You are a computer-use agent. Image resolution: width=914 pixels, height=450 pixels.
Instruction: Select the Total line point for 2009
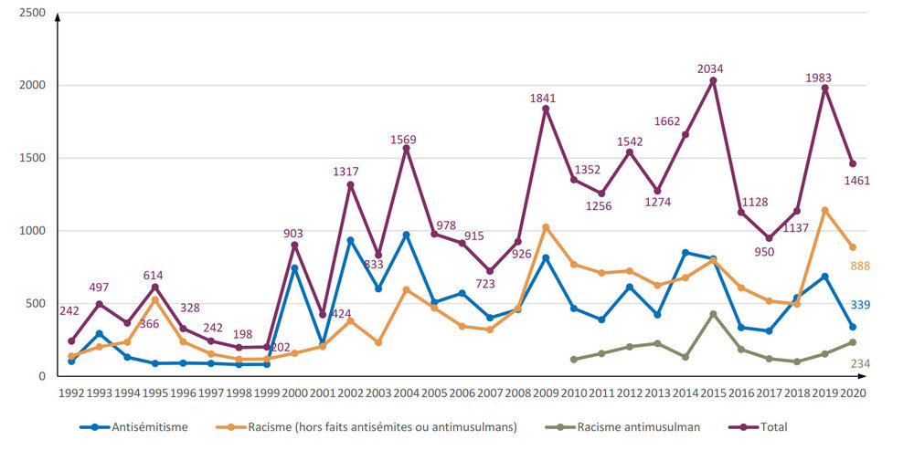click(x=546, y=109)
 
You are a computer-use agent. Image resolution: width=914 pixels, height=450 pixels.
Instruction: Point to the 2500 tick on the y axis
click(x=32, y=13)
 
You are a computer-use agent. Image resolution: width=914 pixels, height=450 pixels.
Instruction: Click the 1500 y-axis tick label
click(x=32, y=158)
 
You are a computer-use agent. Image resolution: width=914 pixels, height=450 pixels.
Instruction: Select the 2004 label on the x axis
click(x=406, y=393)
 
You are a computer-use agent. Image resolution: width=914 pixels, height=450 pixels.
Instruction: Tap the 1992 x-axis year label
click(x=71, y=393)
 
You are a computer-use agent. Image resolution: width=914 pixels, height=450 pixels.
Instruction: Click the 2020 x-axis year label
click(x=852, y=393)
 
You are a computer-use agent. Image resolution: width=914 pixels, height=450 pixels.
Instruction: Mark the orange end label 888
click(x=861, y=265)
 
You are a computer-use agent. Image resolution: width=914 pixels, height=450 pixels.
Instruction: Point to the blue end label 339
click(x=861, y=305)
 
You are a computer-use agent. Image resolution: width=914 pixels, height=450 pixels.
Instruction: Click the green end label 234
click(x=861, y=363)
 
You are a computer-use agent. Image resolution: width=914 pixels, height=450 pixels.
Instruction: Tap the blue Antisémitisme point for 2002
click(x=350, y=240)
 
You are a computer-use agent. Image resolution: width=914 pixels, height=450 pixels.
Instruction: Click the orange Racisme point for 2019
click(x=824, y=210)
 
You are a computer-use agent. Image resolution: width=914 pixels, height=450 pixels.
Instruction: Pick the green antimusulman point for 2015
click(x=713, y=314)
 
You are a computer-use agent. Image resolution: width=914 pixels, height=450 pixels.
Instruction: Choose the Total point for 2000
click(x=295, y=245)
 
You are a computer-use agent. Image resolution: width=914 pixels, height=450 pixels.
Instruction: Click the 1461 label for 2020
click(x=857, y=181)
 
